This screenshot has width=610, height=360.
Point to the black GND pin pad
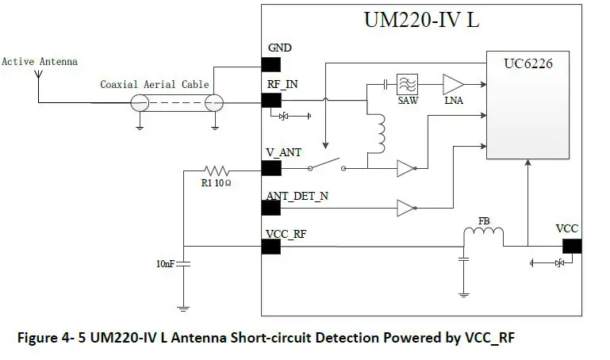click(x=271, y=63)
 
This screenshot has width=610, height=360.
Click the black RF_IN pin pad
click(x=271, y=101)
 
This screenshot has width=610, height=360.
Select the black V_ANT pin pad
click(x=271, y=167)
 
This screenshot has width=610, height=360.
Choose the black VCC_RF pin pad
click(x=271, y=247)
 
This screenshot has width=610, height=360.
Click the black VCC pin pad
click(x=570, y=247)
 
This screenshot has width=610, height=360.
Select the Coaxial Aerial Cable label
click(x=154, y=84)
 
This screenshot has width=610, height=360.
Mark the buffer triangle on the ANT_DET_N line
click(x=405, y=209)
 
